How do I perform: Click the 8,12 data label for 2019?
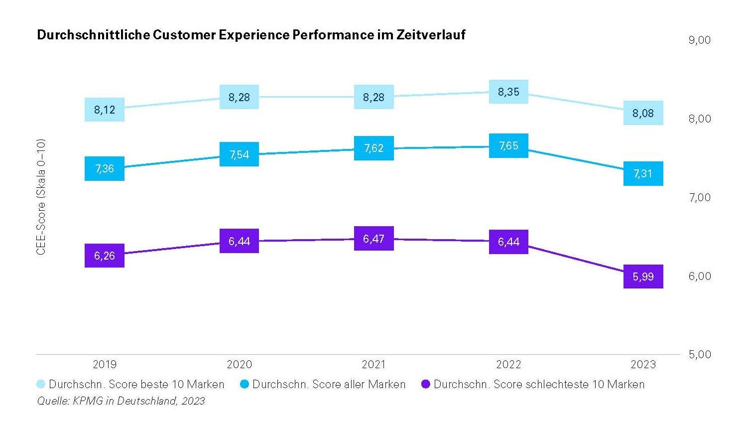click(105, 110)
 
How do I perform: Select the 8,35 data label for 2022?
click(508, 92)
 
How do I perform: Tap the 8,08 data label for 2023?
click(643, 113)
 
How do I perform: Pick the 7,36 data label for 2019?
click(105, 168)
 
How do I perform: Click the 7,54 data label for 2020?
click(239, 154)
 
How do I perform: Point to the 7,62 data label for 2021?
click(374, 148)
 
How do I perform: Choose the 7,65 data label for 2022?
click(508, 145)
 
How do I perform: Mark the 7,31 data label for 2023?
click(643, 173)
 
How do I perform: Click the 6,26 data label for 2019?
click(105, 256)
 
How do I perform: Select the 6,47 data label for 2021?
click(374, 239)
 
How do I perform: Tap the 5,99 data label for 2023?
click(643, 277)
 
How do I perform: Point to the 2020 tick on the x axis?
click(239, 364)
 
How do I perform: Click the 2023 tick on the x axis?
click(643, 364)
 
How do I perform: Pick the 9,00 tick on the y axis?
click(699, 40)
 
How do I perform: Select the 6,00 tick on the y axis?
click(699, 276)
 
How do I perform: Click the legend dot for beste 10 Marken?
click(41, 384)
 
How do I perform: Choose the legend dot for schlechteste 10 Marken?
click(426, 384)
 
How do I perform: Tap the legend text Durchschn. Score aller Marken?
click(329, 384)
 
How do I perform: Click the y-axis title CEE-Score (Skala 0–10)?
click(41, 197)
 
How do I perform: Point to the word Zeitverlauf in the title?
click(431, 35)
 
